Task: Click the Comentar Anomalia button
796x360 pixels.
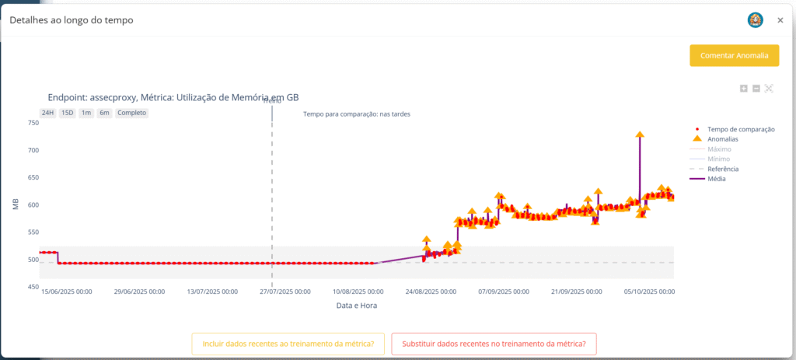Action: (734, 55)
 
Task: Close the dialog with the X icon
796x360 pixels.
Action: (780, 20)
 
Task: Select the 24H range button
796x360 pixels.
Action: (47, 113)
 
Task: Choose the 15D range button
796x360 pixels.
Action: (67, 113)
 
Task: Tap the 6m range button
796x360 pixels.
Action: (104, 113)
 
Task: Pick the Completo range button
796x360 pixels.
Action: (131, 113)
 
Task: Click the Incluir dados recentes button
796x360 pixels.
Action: (288, 344)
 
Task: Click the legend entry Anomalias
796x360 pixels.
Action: (723, 139)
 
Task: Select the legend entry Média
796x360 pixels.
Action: (717, 179)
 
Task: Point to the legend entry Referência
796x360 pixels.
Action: (723, 169)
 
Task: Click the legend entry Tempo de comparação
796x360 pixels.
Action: (740, 129)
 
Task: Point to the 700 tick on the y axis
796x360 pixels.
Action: (33, 150)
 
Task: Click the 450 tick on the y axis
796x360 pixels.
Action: (33, 287)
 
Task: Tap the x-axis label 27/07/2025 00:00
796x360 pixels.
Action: (285, 292)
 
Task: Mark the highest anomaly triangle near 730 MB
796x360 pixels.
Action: (640, 135)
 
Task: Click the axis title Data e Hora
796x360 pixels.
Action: (357, 306)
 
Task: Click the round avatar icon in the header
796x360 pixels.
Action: (754, 20)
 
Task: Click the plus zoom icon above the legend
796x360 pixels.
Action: (744, 89)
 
